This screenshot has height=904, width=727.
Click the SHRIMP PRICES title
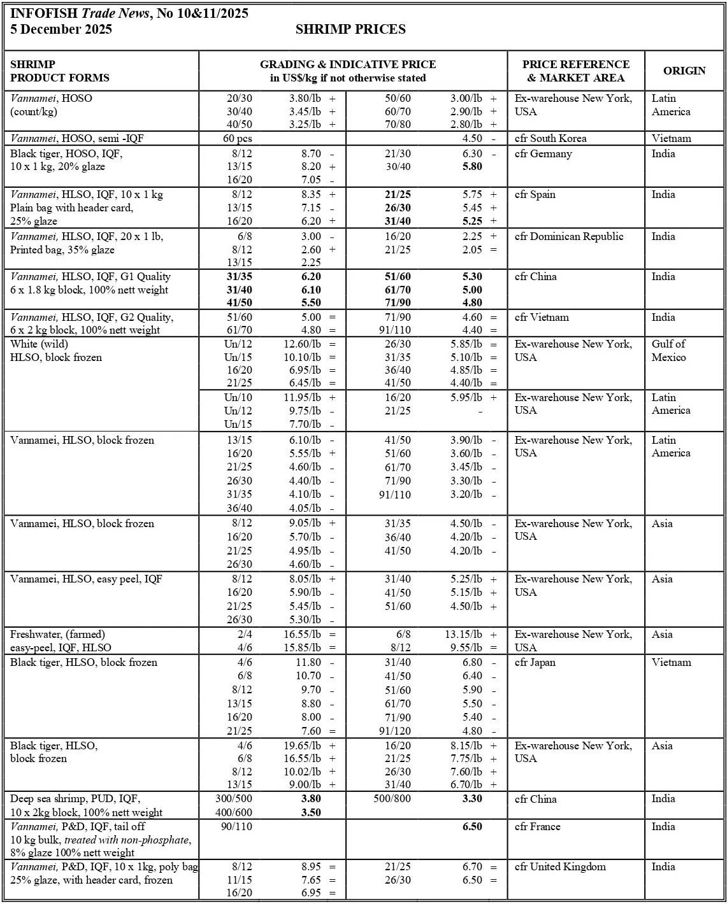coord(350,29)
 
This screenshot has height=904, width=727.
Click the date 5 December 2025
coord(61,29)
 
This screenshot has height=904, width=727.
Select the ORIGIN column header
coord(684,71)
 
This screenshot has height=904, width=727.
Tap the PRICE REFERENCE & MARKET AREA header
coord(575,71)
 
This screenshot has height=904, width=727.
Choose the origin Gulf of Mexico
coord(668,351)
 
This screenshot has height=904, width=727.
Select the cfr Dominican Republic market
coord(569,236)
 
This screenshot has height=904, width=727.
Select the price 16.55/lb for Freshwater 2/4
coord(302,634)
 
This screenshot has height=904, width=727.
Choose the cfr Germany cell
coord(543,153)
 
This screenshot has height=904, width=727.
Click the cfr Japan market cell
coord(535,662)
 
